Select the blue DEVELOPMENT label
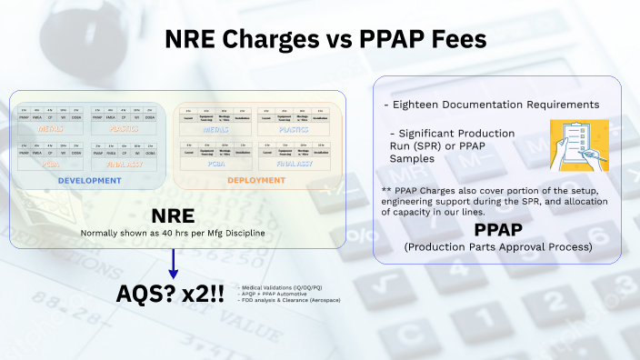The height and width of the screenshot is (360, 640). (89, 181)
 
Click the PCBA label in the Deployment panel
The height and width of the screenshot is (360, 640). (217, 165)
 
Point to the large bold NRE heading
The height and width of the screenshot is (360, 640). (173, 216)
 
